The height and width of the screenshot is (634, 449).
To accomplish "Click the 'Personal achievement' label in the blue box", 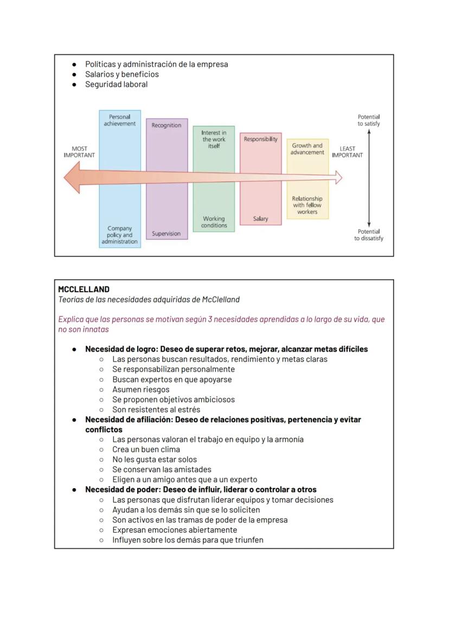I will [x=120, y=120].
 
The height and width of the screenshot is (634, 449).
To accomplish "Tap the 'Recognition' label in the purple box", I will [x=166, y=125].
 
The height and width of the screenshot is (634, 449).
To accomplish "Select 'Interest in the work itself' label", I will [x=214, y=139].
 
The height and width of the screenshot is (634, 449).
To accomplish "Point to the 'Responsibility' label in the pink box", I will [x=260, y=139].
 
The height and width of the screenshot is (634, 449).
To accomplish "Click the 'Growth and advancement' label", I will [x=307, y=149].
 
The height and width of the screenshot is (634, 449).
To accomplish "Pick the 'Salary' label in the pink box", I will [x=260, y=219].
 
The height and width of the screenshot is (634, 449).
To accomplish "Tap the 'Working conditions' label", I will [x=214, y=222].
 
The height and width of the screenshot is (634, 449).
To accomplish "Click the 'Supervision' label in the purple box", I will [x=166, y=234].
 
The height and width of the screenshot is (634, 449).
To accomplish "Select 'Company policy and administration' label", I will [x=120, y=235].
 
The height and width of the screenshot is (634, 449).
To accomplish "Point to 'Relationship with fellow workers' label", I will [x=307, y=205].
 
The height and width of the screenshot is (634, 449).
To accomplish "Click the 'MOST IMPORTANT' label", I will [x=79, y=152].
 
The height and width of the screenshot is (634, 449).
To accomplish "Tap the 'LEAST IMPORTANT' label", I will [x=348, y=152].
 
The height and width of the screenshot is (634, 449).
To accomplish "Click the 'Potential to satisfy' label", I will [x=369, y=120].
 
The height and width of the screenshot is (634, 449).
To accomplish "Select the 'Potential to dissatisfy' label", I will [x=369, y=235].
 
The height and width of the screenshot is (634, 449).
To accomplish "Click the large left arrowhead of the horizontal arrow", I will [x=73, y=177].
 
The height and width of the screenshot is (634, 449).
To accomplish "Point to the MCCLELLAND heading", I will [x=84, y=290].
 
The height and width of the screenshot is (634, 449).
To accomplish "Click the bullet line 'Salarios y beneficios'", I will [x=122, y=74].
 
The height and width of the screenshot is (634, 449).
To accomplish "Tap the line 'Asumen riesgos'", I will [x=141, y=389].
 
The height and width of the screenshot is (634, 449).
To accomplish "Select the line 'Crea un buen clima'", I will [x=146, y=450].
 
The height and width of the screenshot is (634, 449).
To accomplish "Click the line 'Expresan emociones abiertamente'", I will [x=175, y=530].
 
